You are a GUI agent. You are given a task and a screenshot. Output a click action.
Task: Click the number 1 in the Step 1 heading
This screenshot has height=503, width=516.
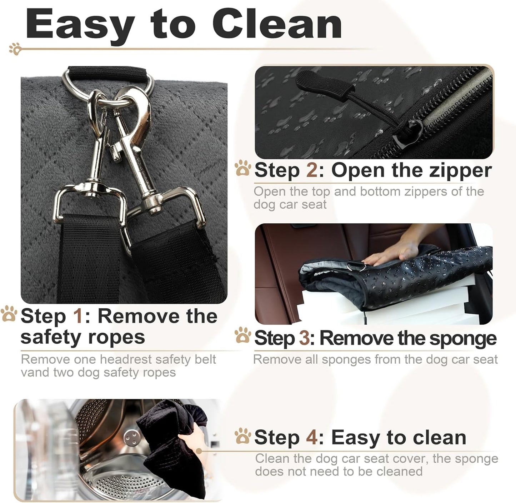pyautogui.click(x=79, y=316)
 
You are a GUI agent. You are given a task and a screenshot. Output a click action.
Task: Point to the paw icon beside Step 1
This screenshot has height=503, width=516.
pyautogui.click(x=9, y=314)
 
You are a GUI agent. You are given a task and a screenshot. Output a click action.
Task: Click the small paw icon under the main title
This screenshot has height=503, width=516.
pyautogui.click(x=15, y=49)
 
